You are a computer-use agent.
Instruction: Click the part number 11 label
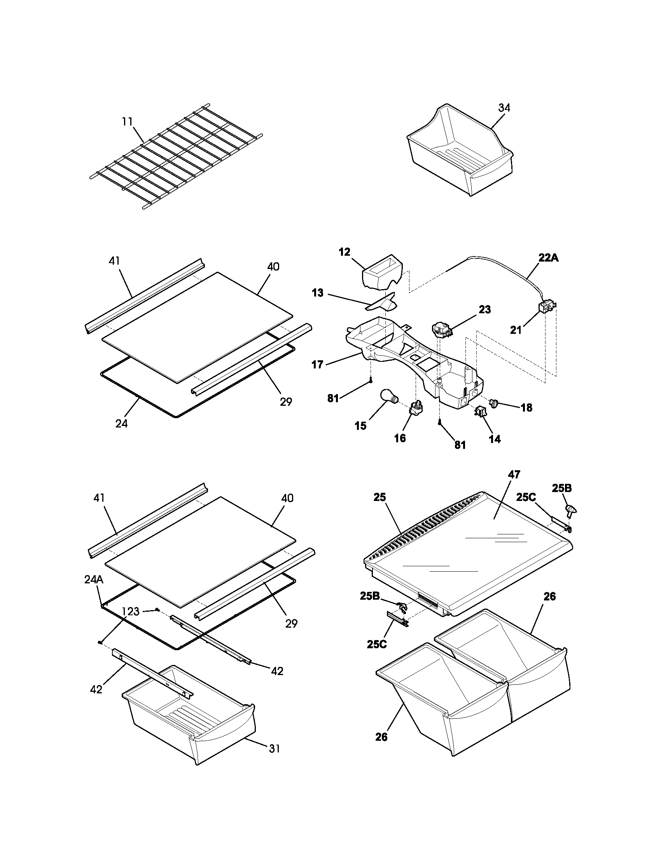click(127, 122)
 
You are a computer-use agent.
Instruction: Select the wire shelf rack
click(176, 157)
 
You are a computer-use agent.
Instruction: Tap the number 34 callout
click(504, 108)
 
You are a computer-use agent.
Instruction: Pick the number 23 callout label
click(484, 309)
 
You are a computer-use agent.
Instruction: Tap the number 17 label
click(317, 365)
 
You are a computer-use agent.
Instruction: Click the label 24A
click(94, 580)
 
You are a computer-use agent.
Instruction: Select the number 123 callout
click(130, 611)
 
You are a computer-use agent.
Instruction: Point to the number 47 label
click(514, 475)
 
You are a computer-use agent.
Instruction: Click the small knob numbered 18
click(494, 402)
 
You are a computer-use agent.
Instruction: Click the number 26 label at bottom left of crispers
click(381, 737)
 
